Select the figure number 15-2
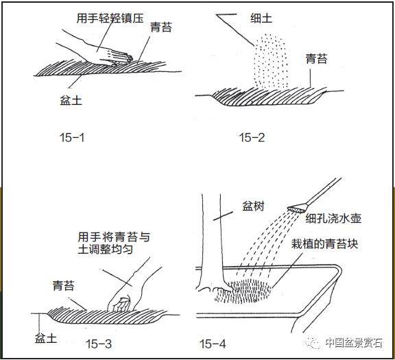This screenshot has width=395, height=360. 251,138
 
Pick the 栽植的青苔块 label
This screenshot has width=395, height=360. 325,243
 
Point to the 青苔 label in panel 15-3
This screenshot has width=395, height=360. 64,283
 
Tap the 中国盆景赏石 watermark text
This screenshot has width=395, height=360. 352,342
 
